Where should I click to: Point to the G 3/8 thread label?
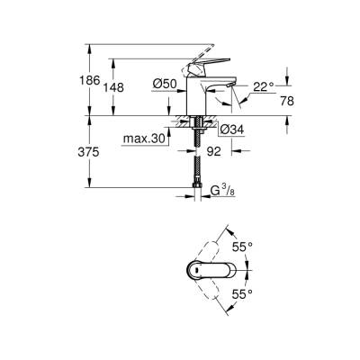coord(222,191)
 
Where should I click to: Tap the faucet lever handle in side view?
coord(206,64)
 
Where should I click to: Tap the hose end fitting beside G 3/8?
coord(195,190)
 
